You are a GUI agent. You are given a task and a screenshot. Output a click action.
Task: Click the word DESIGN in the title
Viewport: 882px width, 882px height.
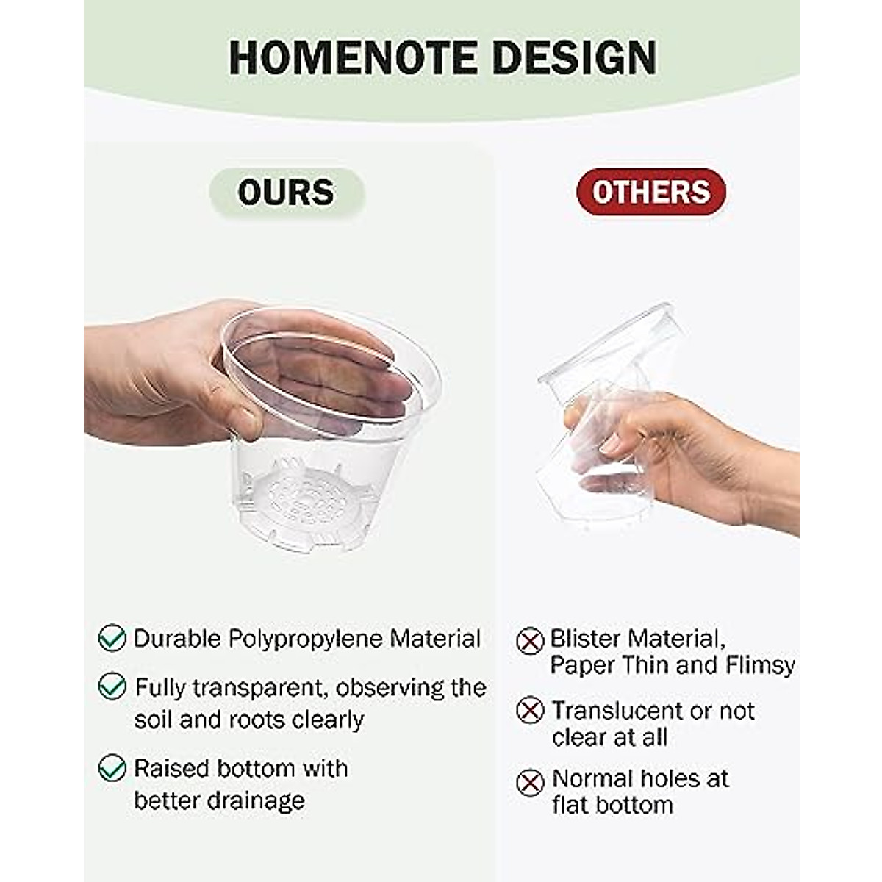(575, 58)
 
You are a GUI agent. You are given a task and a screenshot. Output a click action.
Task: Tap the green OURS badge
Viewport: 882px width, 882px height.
(287, 193)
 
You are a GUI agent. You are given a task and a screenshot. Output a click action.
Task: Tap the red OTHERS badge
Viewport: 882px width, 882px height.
(651, 192)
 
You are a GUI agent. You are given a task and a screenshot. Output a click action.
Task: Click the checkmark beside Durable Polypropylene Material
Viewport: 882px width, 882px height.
(112, 637)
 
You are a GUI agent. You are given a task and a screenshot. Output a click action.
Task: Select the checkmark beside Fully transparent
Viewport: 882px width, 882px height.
(112, 686)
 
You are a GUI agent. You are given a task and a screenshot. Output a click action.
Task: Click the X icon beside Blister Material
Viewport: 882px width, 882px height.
(530, 641)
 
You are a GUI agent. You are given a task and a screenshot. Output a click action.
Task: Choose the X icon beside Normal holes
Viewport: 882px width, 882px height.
(530, 782)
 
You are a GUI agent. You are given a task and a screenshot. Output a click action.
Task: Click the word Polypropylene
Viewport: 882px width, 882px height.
(305, 639)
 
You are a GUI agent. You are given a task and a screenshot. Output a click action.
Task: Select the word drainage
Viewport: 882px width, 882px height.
(256, 801)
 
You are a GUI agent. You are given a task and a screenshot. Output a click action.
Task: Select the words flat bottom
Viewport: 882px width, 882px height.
(612, 805)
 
